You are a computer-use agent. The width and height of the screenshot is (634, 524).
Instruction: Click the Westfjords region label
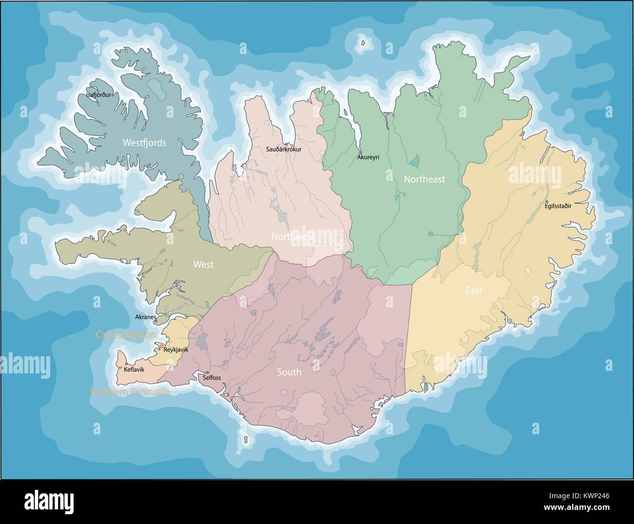tap(144, 143)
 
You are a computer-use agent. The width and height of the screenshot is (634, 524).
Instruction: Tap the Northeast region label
tap(424, 179)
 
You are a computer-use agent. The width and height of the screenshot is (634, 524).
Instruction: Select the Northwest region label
tap(293, 236)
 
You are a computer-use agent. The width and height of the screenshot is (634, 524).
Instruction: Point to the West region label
tap(203, 265)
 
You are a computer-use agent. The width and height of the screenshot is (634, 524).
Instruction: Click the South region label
tap(289, 372)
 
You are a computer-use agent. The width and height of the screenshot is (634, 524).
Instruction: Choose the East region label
tap(473, 291)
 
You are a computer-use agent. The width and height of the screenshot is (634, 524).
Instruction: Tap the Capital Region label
tap(125, 335)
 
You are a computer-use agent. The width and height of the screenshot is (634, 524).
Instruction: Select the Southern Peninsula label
tap(129, 391)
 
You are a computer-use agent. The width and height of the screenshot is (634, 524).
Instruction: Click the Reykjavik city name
tap(176, 349)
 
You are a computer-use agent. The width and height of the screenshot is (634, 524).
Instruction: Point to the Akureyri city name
tap(368, 157)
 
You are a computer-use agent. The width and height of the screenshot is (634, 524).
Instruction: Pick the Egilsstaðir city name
tap(558, 206)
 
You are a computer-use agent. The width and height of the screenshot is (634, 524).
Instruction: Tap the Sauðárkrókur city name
tap(284, 149)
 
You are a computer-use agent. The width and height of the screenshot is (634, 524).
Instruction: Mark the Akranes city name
tap(145, 317)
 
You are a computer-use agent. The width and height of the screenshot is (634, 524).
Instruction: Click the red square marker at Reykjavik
tap(161, 346)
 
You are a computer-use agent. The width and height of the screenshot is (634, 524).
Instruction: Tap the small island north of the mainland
tap(362, 43)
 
